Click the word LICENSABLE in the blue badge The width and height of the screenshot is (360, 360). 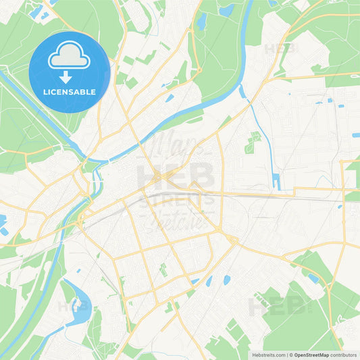click(x=70, y=91)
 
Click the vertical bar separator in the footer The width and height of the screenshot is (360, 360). click(x=287, y=355)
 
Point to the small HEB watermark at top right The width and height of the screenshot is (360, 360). click(x=280, y=49)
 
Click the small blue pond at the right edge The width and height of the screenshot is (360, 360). click(x=355, y=135)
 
